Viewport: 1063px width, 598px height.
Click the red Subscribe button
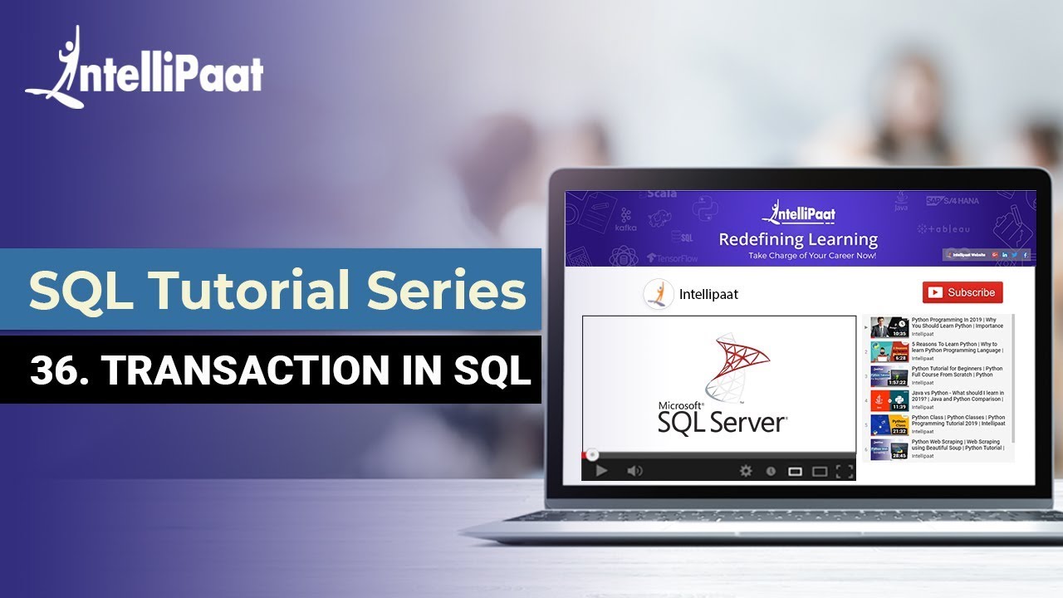(963, 292)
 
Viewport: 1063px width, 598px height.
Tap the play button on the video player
(601, 471)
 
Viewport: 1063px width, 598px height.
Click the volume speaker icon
(634, 471)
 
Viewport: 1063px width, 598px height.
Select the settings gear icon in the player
(746, 471)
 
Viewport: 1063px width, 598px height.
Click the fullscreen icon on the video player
(845, 472)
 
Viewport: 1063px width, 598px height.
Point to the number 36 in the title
(51, 370)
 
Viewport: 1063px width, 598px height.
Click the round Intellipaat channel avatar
(657, 293)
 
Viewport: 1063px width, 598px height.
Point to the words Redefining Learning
(797, 239)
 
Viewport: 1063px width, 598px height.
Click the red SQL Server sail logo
(737, 365)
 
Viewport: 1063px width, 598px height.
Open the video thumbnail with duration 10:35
(889, 327)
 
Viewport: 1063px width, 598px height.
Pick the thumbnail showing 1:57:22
(889, 375)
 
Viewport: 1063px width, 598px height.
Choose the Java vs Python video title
(958, 396)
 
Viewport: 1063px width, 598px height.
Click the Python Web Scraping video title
(958, 445)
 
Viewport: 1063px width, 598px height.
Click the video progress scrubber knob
(592, 454)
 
